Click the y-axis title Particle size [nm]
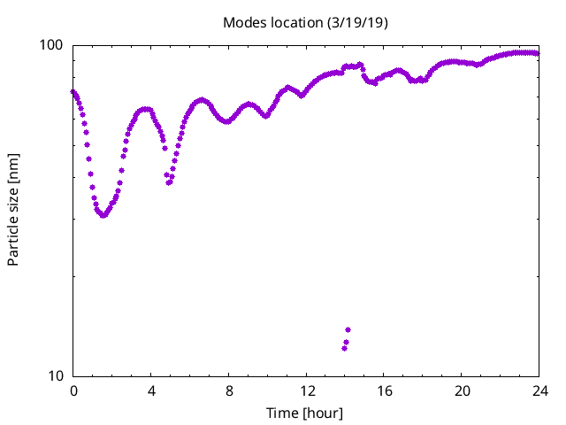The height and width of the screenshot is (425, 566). pos(13,211)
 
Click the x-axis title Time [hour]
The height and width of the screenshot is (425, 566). pos(305,413)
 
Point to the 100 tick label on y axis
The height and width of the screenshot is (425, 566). pos(55,45)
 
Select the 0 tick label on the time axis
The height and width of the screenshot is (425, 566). pos(73,390)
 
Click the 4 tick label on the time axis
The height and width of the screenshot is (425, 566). pos(151,390)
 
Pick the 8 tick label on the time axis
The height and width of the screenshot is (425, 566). pos(229,390)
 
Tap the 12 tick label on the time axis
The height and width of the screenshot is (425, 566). pos(306,390)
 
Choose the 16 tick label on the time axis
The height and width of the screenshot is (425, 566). pos(384,390)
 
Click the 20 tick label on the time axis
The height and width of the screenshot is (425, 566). pos(462,390)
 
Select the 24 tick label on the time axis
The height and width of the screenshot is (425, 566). pos(539,390)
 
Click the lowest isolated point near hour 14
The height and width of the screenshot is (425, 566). pos(344,348)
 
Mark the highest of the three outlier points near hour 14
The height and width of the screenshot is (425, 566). pos(348,330)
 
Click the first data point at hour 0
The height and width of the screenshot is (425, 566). pos(73,91)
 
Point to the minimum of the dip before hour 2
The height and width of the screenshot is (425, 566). pos(104,215)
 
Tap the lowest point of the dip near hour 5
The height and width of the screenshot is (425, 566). pos(168,182)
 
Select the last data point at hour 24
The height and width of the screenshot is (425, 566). pos(537,53)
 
